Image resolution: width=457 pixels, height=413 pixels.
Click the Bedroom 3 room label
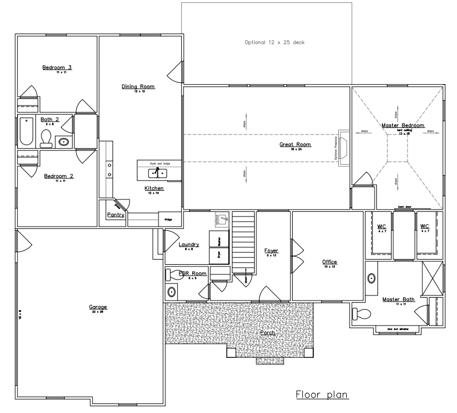point(56,68)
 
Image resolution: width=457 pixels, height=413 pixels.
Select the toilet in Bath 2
point(46,137)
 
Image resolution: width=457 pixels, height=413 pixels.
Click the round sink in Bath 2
point(64,141)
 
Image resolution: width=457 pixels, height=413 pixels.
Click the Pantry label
point(115,215)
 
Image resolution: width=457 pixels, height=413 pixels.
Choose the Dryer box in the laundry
point(219,255)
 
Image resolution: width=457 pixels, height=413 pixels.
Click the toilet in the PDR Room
point(173,275)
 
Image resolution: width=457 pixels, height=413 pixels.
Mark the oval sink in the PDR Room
point(172,293)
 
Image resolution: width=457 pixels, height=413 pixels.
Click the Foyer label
point(272,250)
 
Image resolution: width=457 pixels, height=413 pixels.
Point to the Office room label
point(330,262)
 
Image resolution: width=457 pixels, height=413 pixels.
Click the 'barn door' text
point(405,208)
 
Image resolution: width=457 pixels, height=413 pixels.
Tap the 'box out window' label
point(399,329)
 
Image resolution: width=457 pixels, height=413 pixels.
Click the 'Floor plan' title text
point(321,394)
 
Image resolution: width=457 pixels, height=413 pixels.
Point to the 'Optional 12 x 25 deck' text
point(275,43)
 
